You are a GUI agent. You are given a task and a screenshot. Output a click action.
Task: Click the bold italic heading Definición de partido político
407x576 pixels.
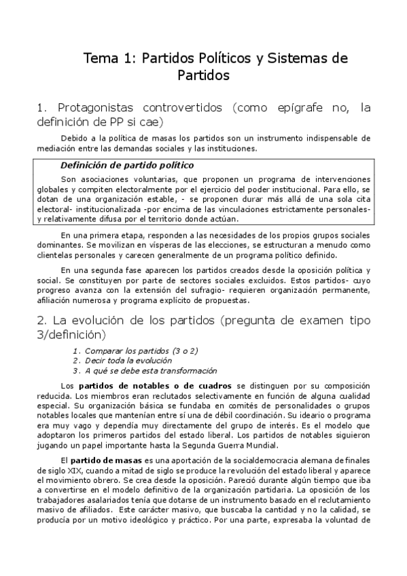click(127, 165)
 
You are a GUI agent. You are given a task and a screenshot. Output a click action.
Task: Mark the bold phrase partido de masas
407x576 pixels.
click(104, 461)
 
